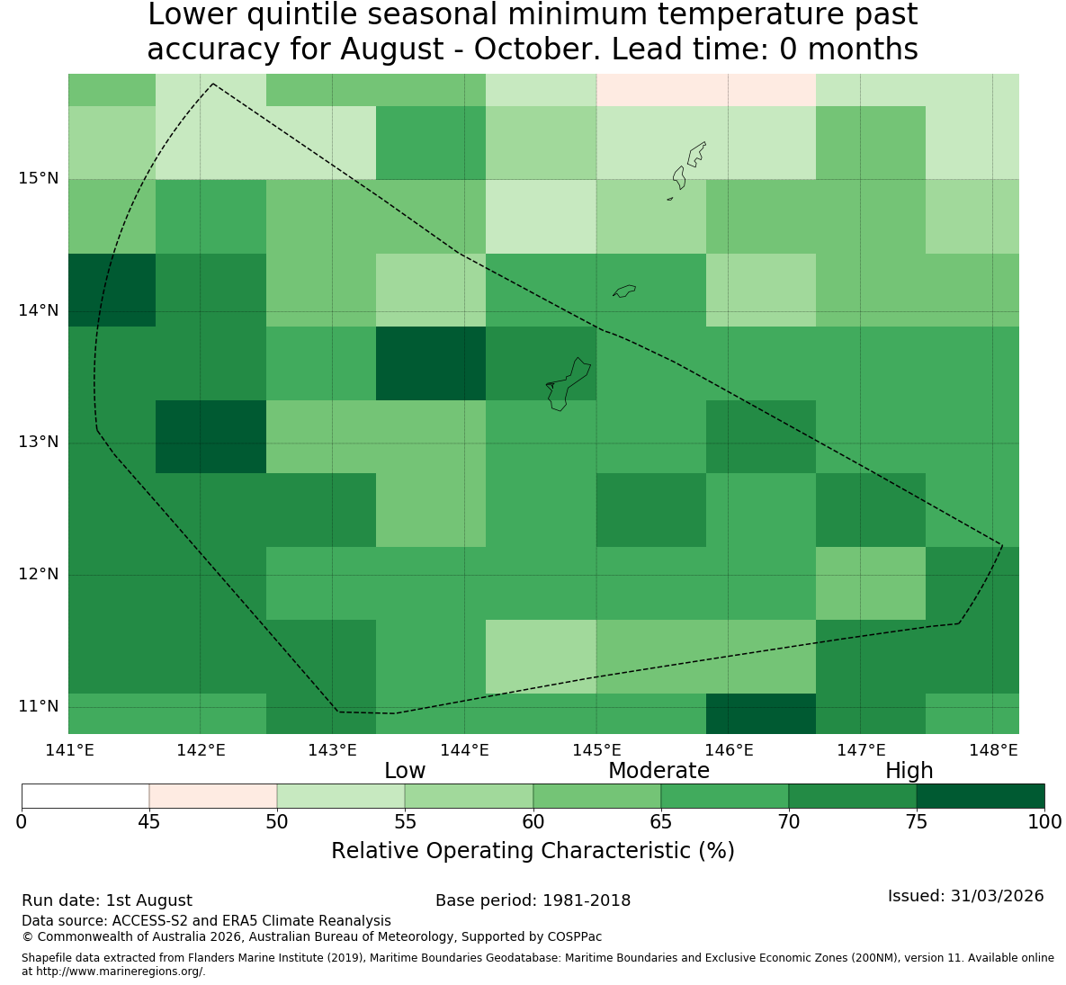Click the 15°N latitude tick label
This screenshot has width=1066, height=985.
(x=39, y=178)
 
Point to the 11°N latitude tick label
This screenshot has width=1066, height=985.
(x=39, y=706)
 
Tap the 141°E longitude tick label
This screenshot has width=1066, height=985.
(x=69, y=750)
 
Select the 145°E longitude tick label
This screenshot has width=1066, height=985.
(x=597, y=750)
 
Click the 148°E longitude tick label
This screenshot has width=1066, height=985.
(x=993, y=750)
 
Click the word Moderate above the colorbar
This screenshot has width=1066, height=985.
(x=658, y=771)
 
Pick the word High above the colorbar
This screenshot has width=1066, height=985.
(x=909, y=771)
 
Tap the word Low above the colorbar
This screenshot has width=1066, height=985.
(x=405, y=771)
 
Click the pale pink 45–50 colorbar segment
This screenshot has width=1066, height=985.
(x=213, y=796)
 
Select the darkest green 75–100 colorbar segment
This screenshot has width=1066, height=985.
(x=981, y=796)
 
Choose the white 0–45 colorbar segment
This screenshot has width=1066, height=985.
(x=85, y=796)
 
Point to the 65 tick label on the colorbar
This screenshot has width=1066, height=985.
(x=661, y=822)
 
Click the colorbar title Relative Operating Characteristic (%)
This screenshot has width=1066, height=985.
(x=533, y=850)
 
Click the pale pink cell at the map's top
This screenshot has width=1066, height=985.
(x=705, y=90)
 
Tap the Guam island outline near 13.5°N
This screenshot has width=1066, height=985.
(x=569, y=385)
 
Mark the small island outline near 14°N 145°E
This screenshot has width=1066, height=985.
(x=623, y=291)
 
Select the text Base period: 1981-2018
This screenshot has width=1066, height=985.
(x=533, y=900)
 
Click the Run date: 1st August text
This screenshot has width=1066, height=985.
(x=107, y=900)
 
